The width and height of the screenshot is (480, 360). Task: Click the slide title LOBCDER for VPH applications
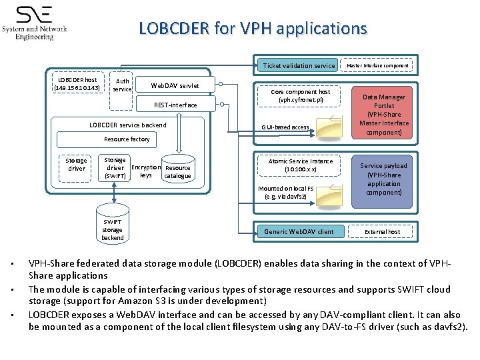click(253, 29)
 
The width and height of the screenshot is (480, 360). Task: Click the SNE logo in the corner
click(35, 23)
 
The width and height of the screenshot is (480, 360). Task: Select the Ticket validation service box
click(299, 65)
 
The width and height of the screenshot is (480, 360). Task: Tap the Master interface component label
click(377, 65)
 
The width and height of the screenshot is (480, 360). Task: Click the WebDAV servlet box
click(174, 85)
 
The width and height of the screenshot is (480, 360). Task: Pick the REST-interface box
click(175, 105)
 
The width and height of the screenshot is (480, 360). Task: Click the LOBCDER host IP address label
click(77, 83)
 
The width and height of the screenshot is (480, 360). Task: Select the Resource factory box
click(126, 139)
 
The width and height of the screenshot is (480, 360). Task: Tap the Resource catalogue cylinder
click(177, 171)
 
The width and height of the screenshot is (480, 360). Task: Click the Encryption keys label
click(145, 171)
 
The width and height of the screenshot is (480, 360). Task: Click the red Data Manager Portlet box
click(384, 115)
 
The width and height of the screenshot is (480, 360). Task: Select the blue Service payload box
click(384, 179)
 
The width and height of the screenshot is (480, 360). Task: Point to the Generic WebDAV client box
click(299, 231)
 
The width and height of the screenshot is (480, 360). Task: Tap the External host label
click(383, 232)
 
